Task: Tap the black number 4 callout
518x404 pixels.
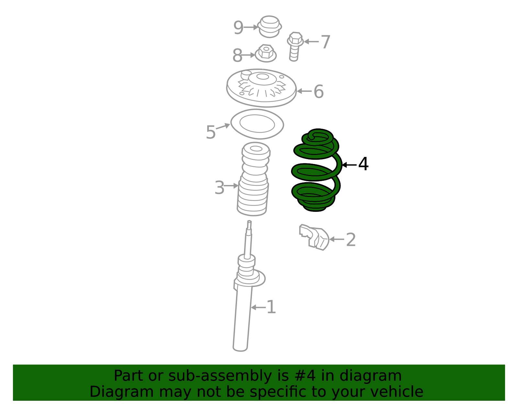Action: pyautogui.click(x=363, y=164)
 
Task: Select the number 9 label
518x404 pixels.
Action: pyautogui.click(x=238, y=28)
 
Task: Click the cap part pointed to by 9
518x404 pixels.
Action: pyautogui.click(x=270, y=27)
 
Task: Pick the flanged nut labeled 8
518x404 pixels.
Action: pyautogui.click(x=266, y=54)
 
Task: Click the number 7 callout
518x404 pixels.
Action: pyautogui.click(x=325, y=42)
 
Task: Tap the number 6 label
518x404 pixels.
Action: pyautogui.click(x=319, y=92)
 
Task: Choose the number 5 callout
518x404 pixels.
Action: pyautogui.click(x=210, y=132)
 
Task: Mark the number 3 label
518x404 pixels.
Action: pyautogui.click(x=220, y=188)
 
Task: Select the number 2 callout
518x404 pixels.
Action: pyautogui.click(x=351, y=240)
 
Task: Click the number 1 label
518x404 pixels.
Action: pyautogui.click(x=271, y=307)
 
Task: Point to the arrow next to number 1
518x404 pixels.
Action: pyautogui.click(x=258, y=307)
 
